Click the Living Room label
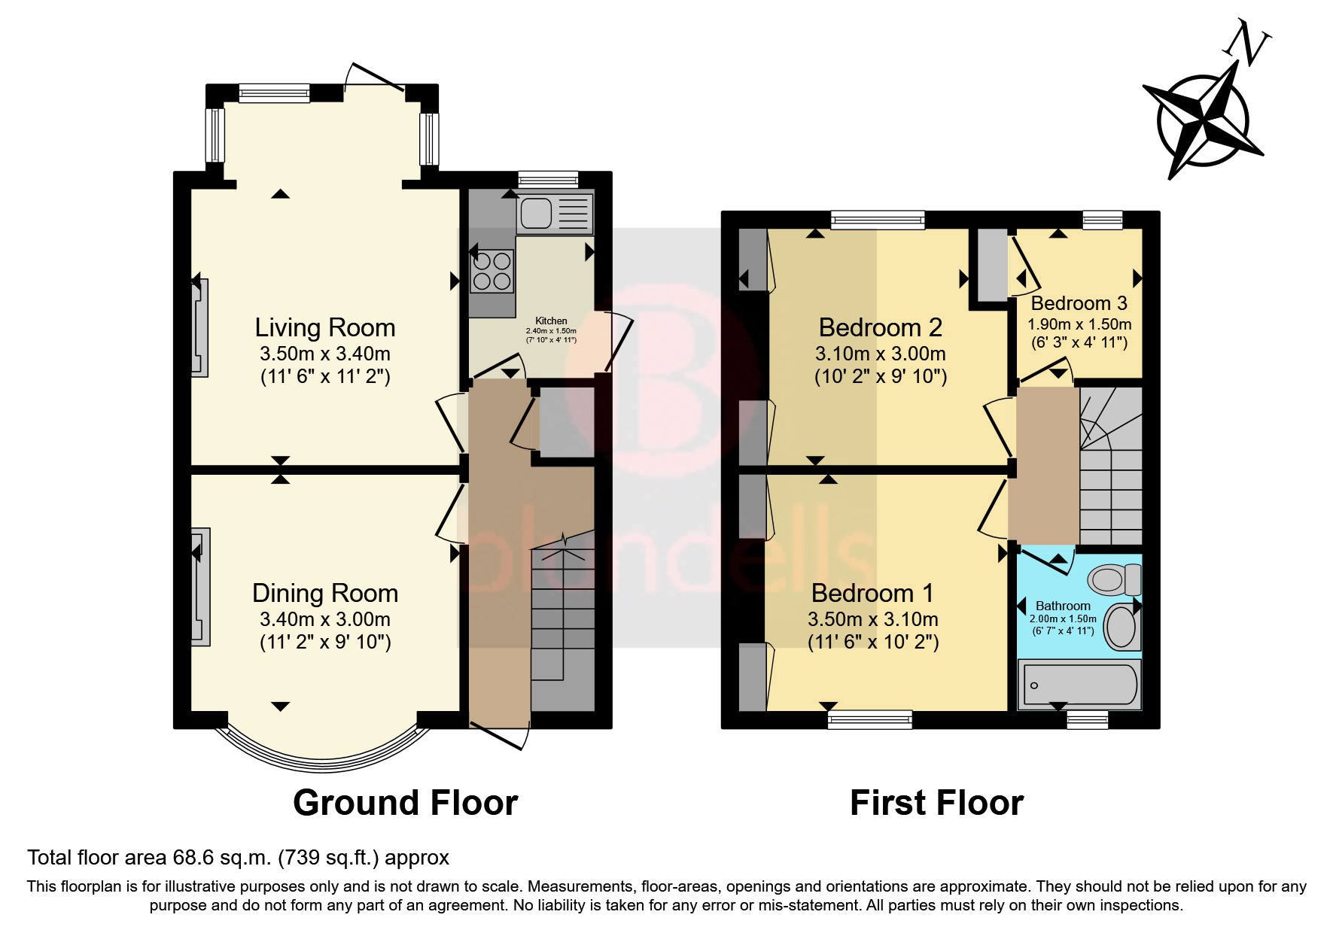pos(324,328)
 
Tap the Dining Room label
pos(324,594)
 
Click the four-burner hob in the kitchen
pos(492,272)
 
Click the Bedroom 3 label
pos(1079,303)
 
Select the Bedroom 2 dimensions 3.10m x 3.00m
pos(880,354)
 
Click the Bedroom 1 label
pos(872,594)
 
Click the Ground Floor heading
pos(405,803)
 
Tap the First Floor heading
pos(936,803)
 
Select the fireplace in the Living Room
pos(200,328)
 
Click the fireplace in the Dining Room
pos(200,587)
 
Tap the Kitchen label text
pos(551,321)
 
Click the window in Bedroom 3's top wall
pos(1102,220)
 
